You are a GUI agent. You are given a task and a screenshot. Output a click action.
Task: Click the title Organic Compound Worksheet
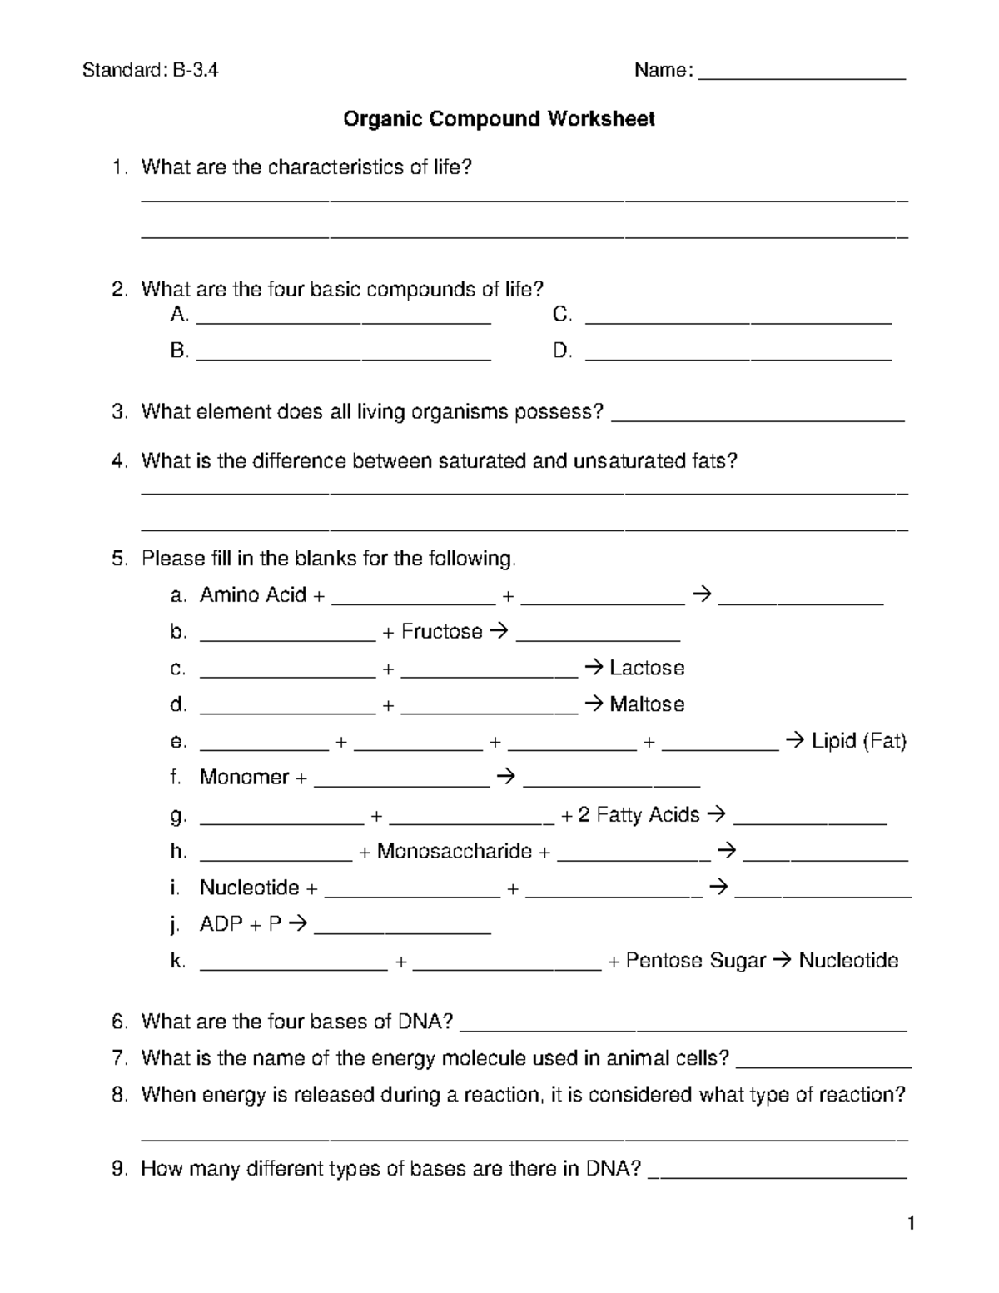(499, 119)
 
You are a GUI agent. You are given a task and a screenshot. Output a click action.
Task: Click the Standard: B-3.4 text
(150, 71)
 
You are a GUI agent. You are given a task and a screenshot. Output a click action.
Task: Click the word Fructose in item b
(441, 632)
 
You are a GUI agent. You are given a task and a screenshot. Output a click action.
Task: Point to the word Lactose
(647, 669)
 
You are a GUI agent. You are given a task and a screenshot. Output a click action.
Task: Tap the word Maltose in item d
(647, 704)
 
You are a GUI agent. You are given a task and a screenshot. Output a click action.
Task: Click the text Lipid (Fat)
(858, 741)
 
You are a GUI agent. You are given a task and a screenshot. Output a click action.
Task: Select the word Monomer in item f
(244, 778)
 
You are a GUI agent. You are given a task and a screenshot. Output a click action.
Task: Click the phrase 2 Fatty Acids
(639, 814)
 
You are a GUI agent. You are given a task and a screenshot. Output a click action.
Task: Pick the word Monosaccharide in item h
(454, 852)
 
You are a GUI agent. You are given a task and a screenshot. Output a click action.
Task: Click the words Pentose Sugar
(695, 961)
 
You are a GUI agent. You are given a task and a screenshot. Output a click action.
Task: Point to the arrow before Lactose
(593, 669)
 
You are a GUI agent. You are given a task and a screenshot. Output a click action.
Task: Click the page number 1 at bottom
(912, 1223)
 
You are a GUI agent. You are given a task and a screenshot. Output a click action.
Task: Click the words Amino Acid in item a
(253, 595)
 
